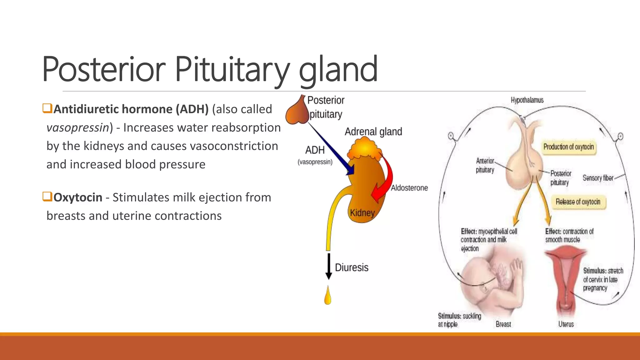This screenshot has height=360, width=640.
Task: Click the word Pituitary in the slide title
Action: tap(232, 69)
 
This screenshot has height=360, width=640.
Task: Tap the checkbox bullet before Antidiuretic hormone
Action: tap(47, 108)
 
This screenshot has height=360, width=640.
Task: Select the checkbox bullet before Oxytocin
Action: tap(47, 197)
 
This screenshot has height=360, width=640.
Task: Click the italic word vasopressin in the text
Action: tap(77, 128)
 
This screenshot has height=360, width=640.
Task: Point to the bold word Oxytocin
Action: tap(78, 197)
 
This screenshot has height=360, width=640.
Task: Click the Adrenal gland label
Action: tap(373, 132)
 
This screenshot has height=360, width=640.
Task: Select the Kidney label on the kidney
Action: tap(362, 213)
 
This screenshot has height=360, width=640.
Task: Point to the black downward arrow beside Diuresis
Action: tap(328, 266)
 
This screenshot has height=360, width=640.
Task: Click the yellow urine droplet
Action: tap(328, 296)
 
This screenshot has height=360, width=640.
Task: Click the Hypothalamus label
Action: tap(527, 100)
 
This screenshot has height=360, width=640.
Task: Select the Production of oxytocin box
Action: tap(568, 147)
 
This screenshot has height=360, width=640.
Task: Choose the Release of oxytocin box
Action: tap(578, 202)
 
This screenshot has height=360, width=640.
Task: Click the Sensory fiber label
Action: tap(598, 178)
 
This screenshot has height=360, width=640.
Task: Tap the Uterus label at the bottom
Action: tap(566, 324)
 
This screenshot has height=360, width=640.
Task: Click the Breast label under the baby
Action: tap(503, 324)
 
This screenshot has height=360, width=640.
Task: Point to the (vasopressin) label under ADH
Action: tap(315, 162)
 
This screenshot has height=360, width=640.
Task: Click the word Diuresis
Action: tap(352, 267)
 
